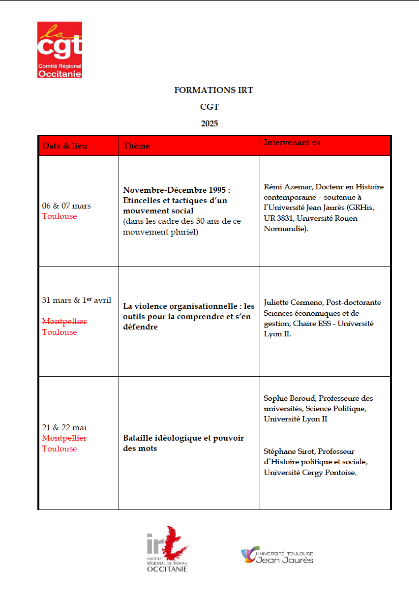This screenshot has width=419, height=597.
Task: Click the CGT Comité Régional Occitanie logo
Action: tap(60, 50)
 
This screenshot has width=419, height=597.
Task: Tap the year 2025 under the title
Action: tap(209, 123)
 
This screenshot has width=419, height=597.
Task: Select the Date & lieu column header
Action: tap(64, 146)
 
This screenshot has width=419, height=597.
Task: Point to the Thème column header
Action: tap(136, 146)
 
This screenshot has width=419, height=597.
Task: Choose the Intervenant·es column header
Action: tap(292, 143)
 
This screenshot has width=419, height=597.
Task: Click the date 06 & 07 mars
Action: tap(66, 206)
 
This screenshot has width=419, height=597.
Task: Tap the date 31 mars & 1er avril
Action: tap(77, 300)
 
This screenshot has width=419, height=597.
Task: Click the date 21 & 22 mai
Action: tap(64, 427)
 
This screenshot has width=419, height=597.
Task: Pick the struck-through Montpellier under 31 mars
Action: tap(64, 322)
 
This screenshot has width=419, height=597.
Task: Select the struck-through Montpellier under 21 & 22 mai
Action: tap(64, 438)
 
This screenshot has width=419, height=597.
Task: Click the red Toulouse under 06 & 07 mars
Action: tap(60, 216)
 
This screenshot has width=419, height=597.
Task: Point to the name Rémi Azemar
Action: tap(287, 187)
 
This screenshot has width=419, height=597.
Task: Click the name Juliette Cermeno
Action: tap(293, 302)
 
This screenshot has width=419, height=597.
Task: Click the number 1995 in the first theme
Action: tap(216, 190)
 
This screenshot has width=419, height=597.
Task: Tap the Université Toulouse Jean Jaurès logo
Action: tap(277, 555)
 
